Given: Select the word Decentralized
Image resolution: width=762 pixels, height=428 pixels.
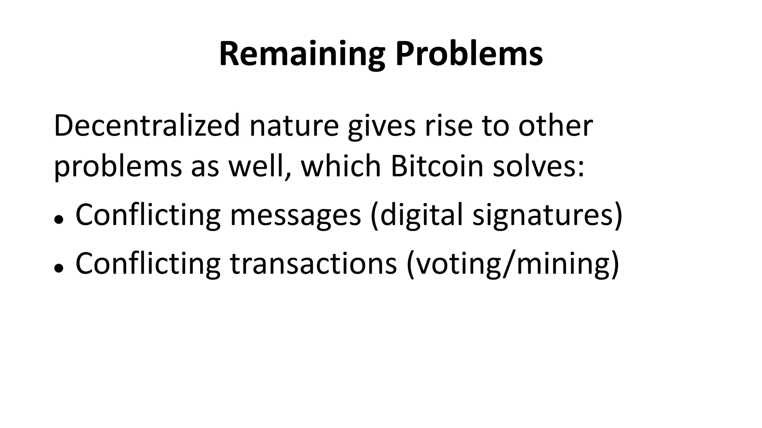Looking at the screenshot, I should pyautogui.click(x=147, y=126).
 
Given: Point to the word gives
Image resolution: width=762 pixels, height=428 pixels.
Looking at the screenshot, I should pyautogui.click(x=381, y=126).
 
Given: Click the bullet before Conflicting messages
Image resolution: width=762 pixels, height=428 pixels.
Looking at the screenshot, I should pyautogui.click(x=58, y=220).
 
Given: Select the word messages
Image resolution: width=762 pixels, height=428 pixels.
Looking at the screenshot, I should pyautogui.click(x=295, y=215).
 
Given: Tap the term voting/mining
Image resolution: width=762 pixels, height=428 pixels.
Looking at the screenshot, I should pyautogui.click(x=512, y=264).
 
